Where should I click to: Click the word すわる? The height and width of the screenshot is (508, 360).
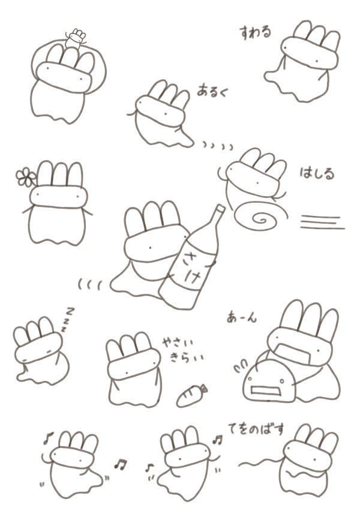pyautogui.click(x=256, y=33)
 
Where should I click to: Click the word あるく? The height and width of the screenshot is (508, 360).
pyautogui.click(x=212, y=91)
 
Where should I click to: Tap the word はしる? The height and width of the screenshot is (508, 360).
pyautogui.click(x=317, y=174)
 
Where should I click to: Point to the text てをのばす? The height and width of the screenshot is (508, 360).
pyautogui.click(x=256, y=429)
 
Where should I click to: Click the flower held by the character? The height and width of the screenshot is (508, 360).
pyautogui.click(x=25, y=177)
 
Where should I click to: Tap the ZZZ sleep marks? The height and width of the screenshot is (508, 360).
pyautogui.click(x=68, y=319)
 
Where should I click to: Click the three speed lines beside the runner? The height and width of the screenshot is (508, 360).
pyautogui.click(x=322, y=223)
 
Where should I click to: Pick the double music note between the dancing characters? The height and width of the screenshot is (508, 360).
pyautogui.click(x=121, y=465)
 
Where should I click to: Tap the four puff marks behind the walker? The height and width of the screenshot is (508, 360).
pyautogui.click(x=218, y=146)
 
